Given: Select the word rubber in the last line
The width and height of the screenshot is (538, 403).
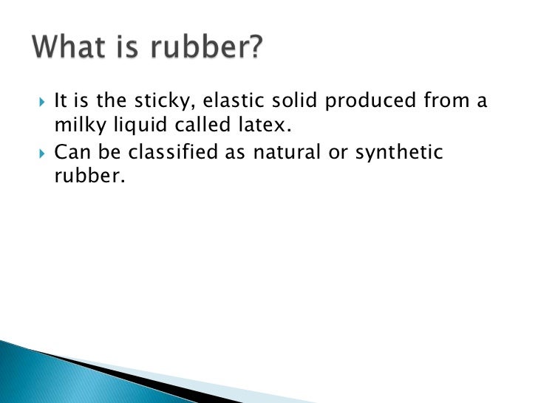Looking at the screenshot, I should coord(84,178).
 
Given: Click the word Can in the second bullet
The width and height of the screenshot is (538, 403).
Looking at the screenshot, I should coord(71,152).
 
